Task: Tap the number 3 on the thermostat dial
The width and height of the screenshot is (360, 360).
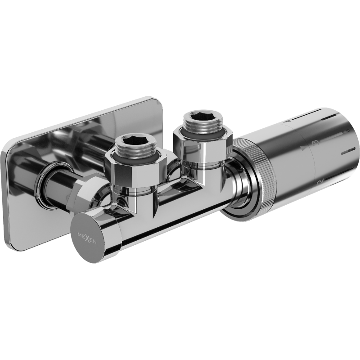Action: (x=318, y=143)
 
